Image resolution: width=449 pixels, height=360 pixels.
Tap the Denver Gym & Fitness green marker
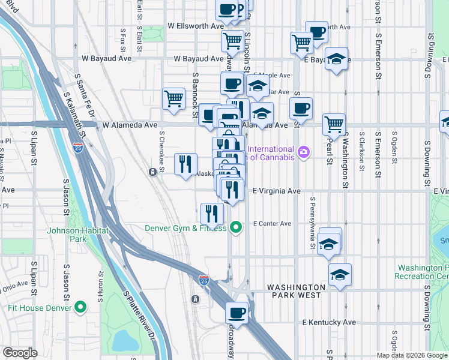237,227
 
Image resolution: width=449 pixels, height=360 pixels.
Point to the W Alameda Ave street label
130,125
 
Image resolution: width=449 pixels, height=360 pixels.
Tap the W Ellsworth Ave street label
196,26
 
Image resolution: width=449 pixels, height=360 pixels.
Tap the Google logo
20,353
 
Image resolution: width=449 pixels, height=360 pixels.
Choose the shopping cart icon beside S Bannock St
173,98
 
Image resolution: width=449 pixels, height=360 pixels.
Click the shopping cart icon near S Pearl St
334,124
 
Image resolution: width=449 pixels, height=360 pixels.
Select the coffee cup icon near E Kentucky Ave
237,313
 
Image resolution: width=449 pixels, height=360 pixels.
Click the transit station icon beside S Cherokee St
153,172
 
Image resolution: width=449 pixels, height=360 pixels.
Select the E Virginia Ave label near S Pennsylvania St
276,191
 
